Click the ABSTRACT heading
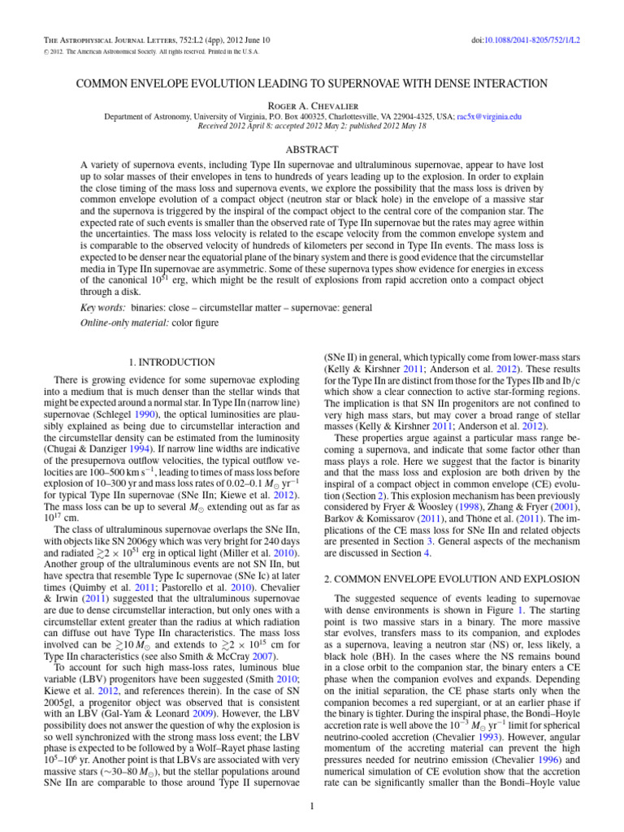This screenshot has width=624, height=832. pos(311,149)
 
